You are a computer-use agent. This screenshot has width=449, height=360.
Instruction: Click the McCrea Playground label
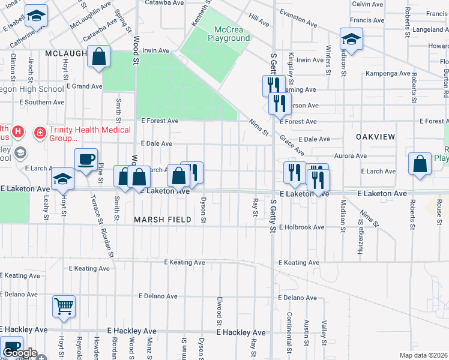click(x=229, y=33)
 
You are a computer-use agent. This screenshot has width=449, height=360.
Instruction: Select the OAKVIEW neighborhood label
click(x=375, y=137)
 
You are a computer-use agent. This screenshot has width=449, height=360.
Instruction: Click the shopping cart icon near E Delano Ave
click(x=64, y=307)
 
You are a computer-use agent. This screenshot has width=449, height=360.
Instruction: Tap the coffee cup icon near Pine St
click(x=86, y=159)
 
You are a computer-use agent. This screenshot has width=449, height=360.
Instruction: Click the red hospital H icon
click(x=19, y=131)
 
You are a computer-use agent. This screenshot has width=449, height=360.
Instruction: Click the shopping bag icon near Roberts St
click(x=420, y=164)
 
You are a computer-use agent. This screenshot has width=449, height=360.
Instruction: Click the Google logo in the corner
click(x=19, y=353)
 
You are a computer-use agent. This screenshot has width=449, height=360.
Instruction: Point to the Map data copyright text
click(x=423, y=355)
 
